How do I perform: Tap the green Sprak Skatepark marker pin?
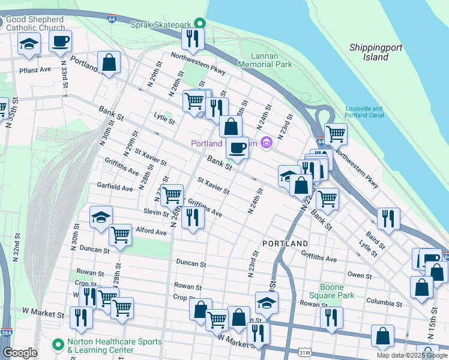[x=202, y=25]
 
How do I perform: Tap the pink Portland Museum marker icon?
[x=267, y=143]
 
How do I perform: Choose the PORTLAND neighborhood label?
[x=285, y=244]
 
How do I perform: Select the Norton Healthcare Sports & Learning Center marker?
[x=58, y=345]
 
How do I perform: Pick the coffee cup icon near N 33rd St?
[x=60, y=41]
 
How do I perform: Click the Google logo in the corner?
[x=20, y=353]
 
